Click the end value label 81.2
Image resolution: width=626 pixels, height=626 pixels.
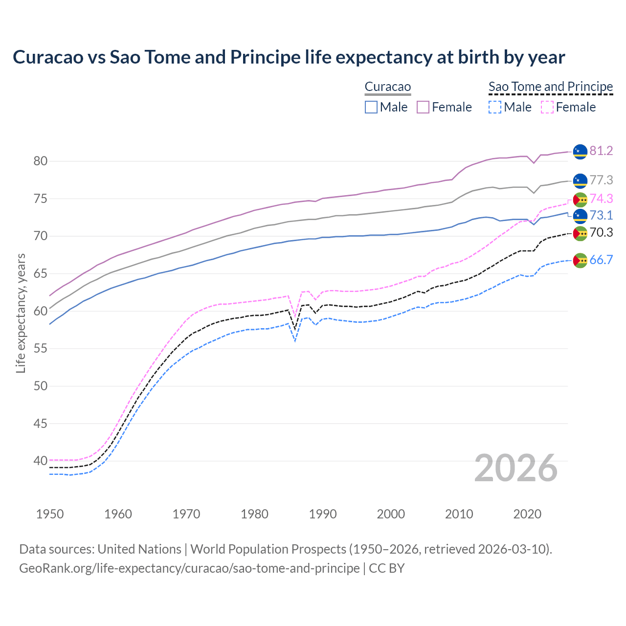(x=601, y=151)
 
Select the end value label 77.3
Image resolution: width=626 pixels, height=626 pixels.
(x=601, y=180)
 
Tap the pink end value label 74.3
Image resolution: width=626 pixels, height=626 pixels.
(x=601, y=199)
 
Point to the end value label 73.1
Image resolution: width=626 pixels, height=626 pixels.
(x=601, y=215)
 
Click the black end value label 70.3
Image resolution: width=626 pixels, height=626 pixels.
(x=601, y=232)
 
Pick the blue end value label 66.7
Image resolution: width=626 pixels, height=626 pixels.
(x=601, y=260)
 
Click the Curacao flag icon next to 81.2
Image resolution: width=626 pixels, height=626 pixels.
(x=580, y=152)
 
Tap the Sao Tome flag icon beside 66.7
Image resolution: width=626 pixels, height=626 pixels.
(x=580, y=260)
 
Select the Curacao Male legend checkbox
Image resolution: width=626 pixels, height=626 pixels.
(x=371, y=107)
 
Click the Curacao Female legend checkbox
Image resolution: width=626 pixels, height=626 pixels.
(x=423, y=107)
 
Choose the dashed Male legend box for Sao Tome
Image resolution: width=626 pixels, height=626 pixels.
(x=495, y=107)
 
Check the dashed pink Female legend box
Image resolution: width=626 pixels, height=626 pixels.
(x=547, y=107)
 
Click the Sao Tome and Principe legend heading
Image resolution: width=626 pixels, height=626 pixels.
(x=551, y=87)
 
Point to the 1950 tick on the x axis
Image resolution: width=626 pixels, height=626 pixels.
(x=50, y=514)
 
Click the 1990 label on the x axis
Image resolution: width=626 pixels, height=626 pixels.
(x=323, y=514)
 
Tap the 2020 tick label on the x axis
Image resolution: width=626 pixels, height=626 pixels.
(x=527, y=514)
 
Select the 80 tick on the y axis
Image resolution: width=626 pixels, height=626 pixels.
(x=40, y=161)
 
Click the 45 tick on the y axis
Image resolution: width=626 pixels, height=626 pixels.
(x=40, y=424)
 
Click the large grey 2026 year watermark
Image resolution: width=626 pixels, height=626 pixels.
(x=515, y=468)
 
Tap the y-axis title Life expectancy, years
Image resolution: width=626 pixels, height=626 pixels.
(x=21, y=313)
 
